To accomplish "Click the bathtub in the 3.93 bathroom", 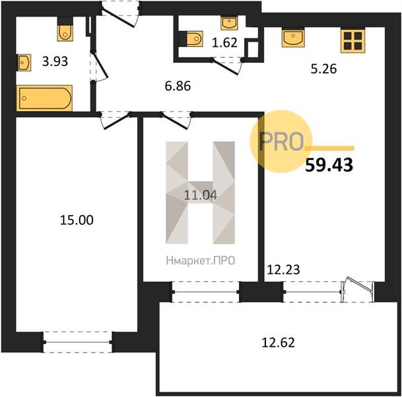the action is point(44,98).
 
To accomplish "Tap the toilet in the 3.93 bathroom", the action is point(65,28).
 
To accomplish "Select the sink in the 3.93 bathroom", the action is point(24,62).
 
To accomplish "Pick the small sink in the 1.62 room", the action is point(229,23).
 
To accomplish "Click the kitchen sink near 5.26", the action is point(293,38).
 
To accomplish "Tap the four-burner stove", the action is point(352,41).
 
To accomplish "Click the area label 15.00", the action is point(77,220).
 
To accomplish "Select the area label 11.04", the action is point(201,195).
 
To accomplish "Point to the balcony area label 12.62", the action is point(278,343).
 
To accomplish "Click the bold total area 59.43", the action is point(329,165).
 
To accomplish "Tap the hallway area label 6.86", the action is point(178,86).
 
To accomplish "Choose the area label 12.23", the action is point(283,270).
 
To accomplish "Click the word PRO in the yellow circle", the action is point(281,141).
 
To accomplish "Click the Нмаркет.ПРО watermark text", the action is point(201,261).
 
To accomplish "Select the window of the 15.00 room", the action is point(78,342).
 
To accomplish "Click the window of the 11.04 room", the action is point(205,292).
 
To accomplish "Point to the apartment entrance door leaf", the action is point(118,17).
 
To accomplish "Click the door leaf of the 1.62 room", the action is point(226,67).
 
